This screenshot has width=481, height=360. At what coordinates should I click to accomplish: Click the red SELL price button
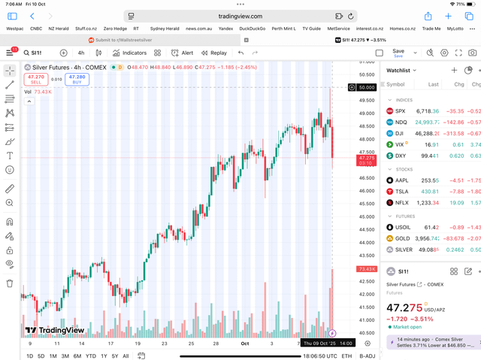(36, 79)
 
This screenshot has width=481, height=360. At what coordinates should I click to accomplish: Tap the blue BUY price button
(77, 79)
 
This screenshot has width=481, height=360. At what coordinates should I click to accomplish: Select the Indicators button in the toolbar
(130, 53)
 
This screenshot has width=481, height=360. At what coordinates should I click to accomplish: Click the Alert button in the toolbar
(182, 53)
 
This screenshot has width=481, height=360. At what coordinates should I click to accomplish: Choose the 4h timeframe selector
(81, 53)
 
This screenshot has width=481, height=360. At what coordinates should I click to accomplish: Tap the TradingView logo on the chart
(54, 330)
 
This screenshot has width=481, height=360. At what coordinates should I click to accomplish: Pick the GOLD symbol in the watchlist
(403, 238)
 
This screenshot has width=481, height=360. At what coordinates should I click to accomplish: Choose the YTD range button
(90, 355)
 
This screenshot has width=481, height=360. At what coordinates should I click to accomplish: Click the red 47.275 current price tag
(367, 160)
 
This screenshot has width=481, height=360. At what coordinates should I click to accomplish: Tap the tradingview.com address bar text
(240, 16)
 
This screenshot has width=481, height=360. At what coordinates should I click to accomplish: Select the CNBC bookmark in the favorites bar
(36, 29)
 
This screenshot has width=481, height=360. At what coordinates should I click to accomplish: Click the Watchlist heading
(398, 70)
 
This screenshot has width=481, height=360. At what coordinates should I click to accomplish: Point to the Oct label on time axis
(244, 343)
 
